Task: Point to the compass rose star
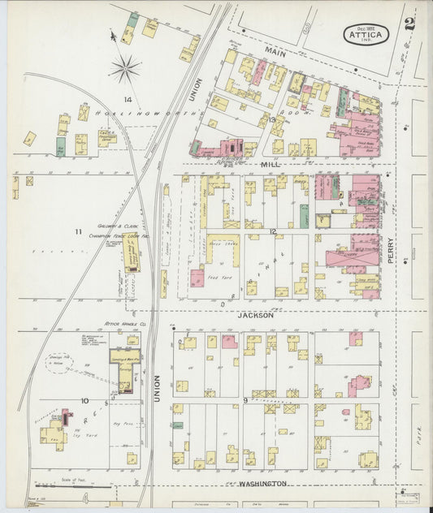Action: (x=125, y=69)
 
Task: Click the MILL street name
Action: (x=270, y=163)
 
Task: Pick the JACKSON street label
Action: (x=256, y=313)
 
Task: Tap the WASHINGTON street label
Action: (x=262, y=483)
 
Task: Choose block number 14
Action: (x=127, y=99)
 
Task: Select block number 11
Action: (x=78, y=232)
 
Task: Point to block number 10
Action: (x=84, y=400)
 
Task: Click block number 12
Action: (x=274, y=232)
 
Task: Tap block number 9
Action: (x=245, y=400)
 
